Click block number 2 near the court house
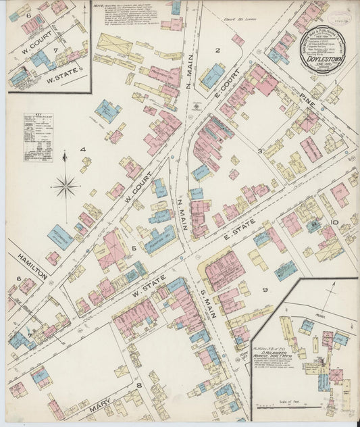pos(217,50)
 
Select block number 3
pos(259,151)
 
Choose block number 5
pos(135,248)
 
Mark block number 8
pos(139,385)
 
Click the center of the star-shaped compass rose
pos(65,185)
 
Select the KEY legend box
pos(38,137)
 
